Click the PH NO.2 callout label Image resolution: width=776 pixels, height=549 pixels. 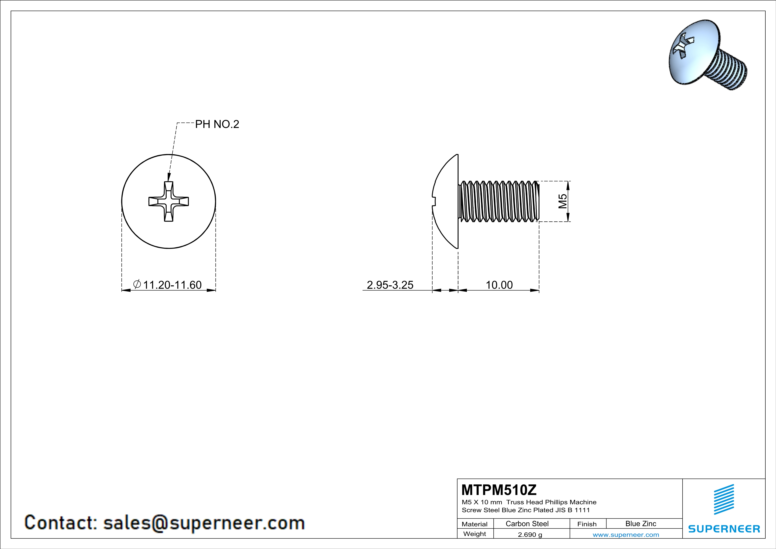217,124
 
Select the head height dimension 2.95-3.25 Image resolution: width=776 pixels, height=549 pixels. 390,285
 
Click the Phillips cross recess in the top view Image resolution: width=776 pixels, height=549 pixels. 169,201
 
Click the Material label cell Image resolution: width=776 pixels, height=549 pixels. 475,524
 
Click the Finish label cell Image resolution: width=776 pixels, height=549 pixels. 587,524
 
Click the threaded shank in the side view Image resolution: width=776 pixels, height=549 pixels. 499,201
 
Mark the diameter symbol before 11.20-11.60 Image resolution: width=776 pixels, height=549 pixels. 137,284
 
